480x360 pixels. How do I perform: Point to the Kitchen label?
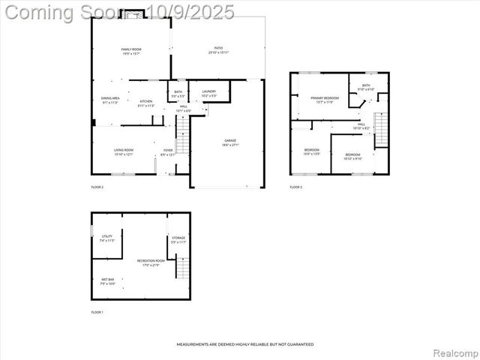pyautogui.click(x=145, y=103)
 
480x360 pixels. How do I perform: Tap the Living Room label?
pyautogui.click(x=124, y=152)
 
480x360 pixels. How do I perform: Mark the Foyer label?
pyautogui.click(x=168, y=152)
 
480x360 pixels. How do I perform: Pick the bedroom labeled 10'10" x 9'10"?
pyautogui.click(x=352, y=156)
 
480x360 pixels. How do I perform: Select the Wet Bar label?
pyautogui.click(x=108, y=281)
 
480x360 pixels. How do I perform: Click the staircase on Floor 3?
pyautogui.click(x=382, y=128)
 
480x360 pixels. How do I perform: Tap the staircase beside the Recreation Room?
pyautogui.click(x=183, y=268)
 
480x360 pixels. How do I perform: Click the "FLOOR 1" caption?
pyautogui.click(x=97, y=311)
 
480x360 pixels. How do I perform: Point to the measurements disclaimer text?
pyautogui.click(x=244, y=344)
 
